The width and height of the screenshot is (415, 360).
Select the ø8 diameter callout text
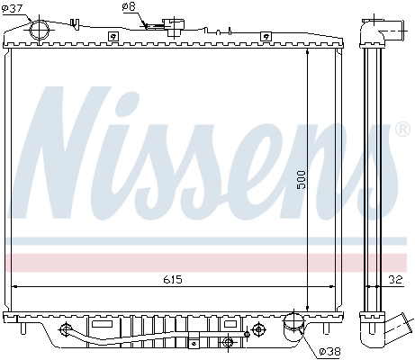(129, 6)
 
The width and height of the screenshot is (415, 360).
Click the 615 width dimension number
(173, 280)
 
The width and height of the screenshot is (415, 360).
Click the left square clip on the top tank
(113, 36)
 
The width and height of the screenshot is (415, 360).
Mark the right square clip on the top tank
(265, 36)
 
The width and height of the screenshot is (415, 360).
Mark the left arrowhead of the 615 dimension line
(14, 287)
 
